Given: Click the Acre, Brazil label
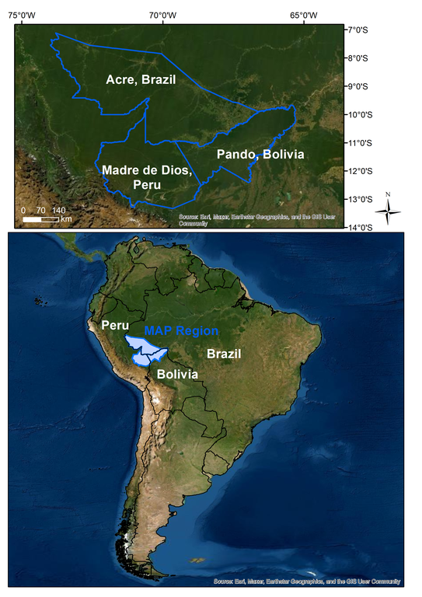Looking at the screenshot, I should pos(141,79).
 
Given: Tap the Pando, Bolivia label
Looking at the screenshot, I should pos(260,154).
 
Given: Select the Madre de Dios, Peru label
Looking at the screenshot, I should pos(146,176).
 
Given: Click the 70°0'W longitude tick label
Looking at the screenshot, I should pos(162,15).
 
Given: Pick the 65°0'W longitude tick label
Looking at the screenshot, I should pos(303,15).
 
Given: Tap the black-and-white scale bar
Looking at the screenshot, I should pos(40,218).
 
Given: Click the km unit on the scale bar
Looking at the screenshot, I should pos(66,219).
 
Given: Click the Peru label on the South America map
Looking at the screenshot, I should pos(113,324).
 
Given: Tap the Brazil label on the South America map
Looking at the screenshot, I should pos(223,354).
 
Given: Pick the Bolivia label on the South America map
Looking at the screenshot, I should pos(177,374).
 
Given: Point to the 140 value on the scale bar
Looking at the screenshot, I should pos(58,210).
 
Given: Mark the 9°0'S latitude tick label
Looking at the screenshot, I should pos(359,86).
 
